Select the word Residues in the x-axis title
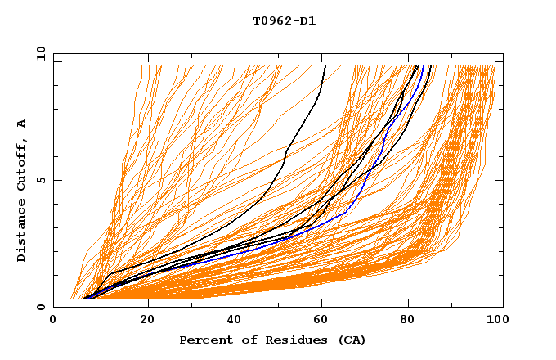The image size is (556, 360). click(284, 340)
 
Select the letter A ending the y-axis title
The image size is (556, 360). click(22, 123)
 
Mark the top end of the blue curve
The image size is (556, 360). click(424, 66)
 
